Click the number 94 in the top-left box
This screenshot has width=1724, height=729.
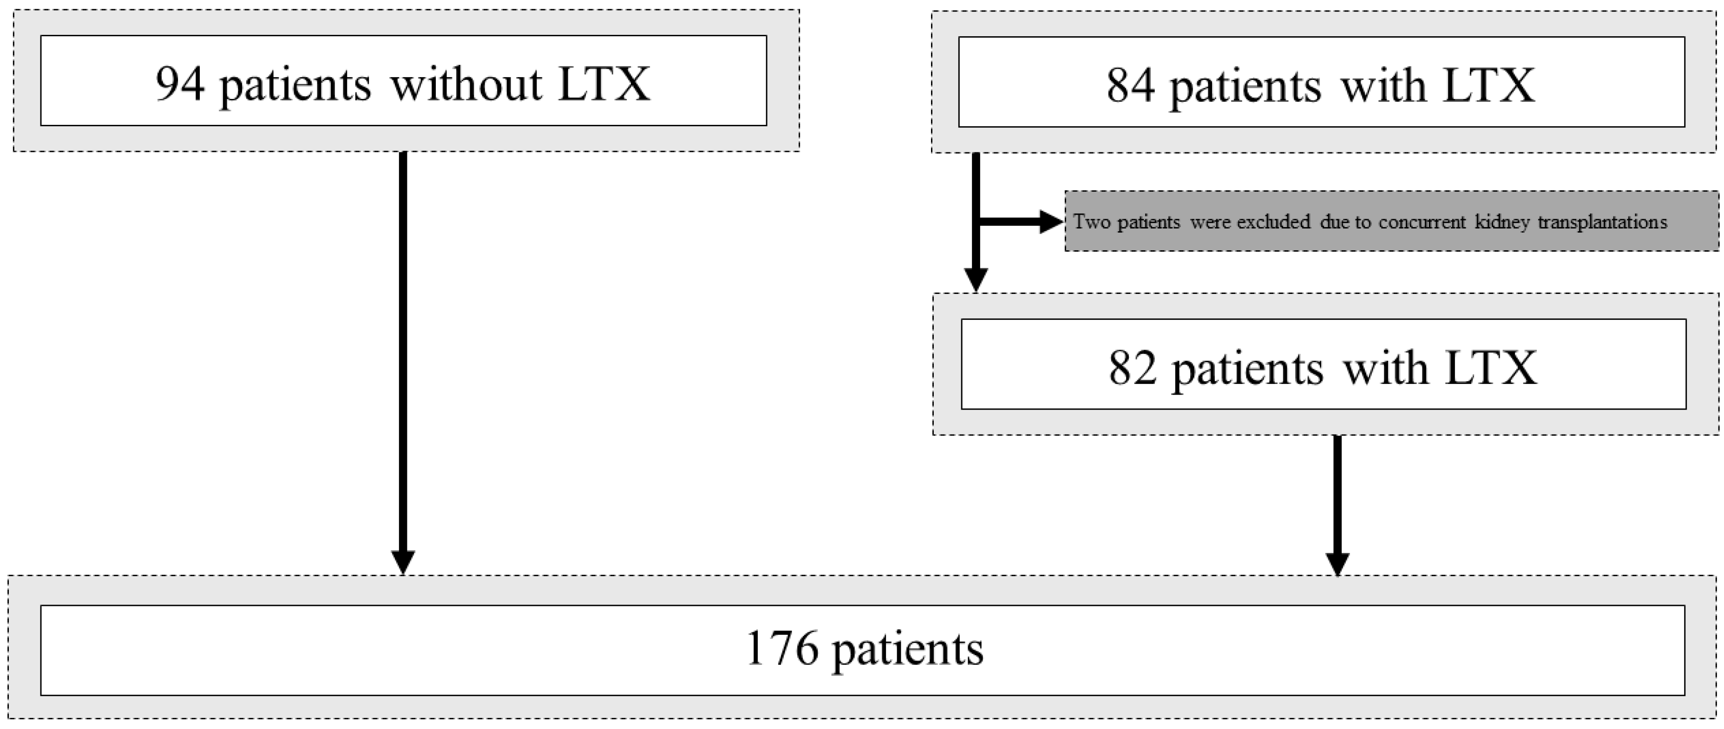coord(179,84)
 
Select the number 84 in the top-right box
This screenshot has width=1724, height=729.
coord(1130,85)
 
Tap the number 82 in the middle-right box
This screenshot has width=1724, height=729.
coord(1133,368)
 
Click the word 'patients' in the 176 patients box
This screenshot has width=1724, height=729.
coord(907,650)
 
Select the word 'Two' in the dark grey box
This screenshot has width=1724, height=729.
coord(1092,221)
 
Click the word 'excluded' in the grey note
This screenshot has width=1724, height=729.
coord(1273,221)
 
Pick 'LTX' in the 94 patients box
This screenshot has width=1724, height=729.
coord(603,84)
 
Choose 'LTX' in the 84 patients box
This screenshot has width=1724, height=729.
coord(1488,85)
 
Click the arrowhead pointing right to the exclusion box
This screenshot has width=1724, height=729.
coord(1051,221)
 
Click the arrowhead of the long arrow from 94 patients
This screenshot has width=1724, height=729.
coord(403,562)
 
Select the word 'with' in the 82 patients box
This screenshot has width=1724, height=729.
coord(1385,368)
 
